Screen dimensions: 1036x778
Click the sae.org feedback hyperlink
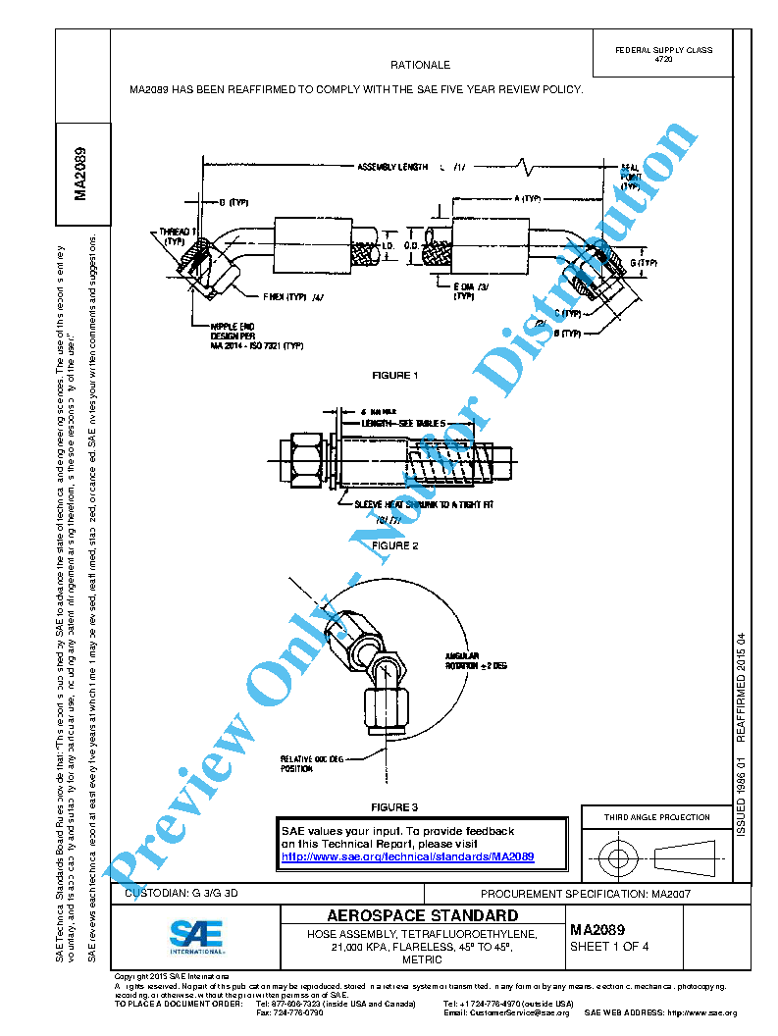tap(407, 856)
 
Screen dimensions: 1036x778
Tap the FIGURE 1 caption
tap(394, 376)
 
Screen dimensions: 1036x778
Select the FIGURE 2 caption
tap(394, 545)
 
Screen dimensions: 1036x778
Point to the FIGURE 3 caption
tap(394, 807)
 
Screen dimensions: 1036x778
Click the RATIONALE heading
tap(420, 65)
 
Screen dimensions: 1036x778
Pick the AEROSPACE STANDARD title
tap(422, 916)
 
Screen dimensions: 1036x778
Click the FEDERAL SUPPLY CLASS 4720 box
tap(663, 54)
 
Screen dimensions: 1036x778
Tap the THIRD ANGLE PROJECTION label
tap(657, 817)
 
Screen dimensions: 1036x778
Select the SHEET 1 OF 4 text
tap(603, 947)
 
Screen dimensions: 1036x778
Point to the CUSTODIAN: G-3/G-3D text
tap(182, 895)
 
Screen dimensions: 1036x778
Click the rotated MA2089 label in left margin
tap(82, 174)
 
